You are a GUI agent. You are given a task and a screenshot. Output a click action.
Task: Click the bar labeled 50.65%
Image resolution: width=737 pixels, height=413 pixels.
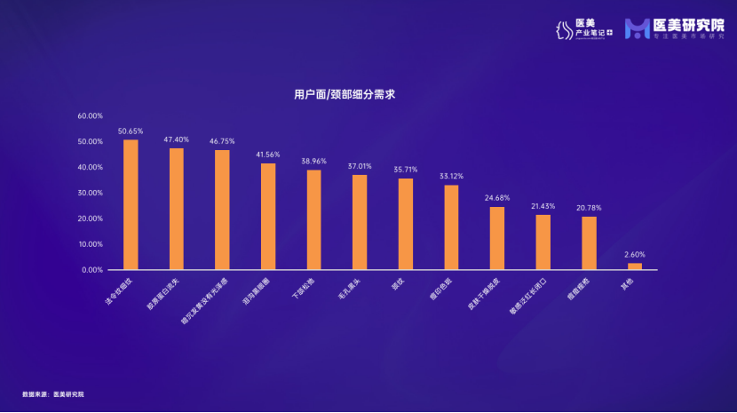point(131,204)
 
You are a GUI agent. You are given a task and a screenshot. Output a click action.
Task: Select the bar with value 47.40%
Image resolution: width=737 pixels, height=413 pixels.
point(177,209)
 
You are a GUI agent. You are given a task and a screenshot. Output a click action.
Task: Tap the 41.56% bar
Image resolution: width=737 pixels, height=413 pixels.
point(268,216)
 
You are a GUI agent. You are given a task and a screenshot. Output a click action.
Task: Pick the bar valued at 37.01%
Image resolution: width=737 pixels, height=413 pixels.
point(360,222)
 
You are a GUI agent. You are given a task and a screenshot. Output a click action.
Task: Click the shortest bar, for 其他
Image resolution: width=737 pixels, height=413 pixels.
point(635,266)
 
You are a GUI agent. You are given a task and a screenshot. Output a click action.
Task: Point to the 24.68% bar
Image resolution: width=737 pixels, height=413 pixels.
point(497,238)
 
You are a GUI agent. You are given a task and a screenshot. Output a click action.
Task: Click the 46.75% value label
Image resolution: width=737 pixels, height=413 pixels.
point(222,141)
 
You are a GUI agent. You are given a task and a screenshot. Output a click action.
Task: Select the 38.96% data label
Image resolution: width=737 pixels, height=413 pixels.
point(313,161)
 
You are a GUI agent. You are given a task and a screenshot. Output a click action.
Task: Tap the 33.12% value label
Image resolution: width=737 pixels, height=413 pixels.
point(451,176)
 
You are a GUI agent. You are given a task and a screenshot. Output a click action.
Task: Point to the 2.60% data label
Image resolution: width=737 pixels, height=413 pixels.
point(635,254)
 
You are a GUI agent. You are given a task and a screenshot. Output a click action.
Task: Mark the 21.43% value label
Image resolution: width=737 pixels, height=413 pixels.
point(543,206)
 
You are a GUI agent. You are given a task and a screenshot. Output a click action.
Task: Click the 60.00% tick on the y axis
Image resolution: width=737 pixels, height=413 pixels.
point(91,115)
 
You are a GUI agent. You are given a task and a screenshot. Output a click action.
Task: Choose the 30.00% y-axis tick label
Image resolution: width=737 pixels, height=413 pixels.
point(91,193)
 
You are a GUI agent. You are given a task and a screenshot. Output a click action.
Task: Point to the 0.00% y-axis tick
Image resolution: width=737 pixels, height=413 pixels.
point(93,269)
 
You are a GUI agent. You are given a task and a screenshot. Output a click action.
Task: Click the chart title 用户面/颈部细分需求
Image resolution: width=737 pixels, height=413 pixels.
point(344,91)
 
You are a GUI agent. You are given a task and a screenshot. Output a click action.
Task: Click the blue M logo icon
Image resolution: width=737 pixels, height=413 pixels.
point(638,29)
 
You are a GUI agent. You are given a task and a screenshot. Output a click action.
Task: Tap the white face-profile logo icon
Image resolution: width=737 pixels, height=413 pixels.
point(560,30)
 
